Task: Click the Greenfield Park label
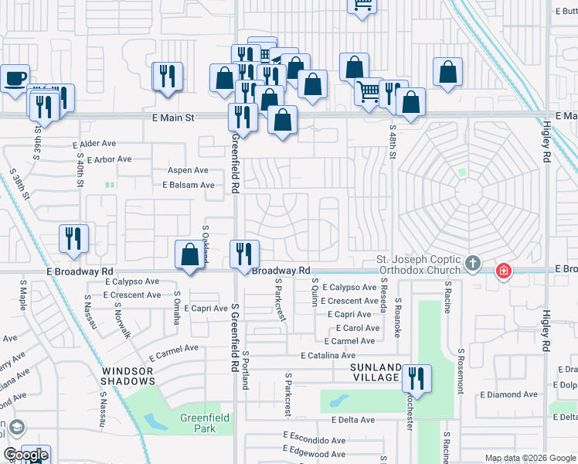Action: point(198,423)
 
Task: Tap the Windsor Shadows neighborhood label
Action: point(128,376)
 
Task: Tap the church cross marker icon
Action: point(473,264)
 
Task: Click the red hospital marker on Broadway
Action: point(503,271)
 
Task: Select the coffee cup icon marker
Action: point(15,78)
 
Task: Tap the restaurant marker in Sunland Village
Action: point(416,378)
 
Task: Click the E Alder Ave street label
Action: point(93,144)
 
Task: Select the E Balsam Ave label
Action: point(188,186)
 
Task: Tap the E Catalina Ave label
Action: point(329,355)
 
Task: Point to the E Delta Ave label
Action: point(352,420)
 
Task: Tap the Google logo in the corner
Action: point(25,455)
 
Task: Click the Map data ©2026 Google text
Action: point(529,458)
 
